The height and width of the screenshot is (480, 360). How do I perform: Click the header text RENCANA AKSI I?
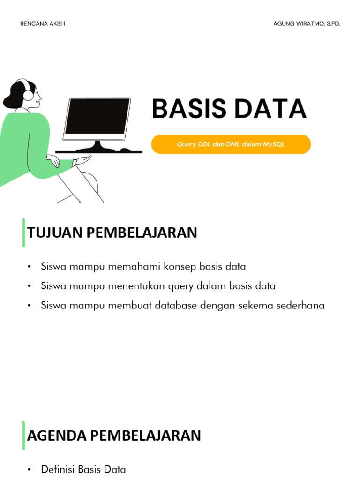coord(43,24)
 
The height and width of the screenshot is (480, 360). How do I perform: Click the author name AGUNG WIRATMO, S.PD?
coord(307,24)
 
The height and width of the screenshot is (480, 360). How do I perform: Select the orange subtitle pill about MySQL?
coord(231,144)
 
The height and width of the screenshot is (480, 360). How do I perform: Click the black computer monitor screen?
coord(97,116)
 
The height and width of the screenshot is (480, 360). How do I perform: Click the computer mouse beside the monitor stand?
coord(126,150)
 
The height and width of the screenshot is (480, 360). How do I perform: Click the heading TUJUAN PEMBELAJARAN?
coord(112,232)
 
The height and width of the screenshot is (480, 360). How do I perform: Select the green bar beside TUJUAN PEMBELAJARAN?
coord(23,232)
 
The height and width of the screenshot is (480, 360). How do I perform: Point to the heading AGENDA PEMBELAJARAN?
coord(114,435)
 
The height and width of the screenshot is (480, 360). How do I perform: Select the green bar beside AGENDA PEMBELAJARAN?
coord(23,435)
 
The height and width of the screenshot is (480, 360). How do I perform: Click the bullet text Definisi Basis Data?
coord(83,469)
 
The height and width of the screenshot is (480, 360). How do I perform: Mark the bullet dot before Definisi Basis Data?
coord(29,470)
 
